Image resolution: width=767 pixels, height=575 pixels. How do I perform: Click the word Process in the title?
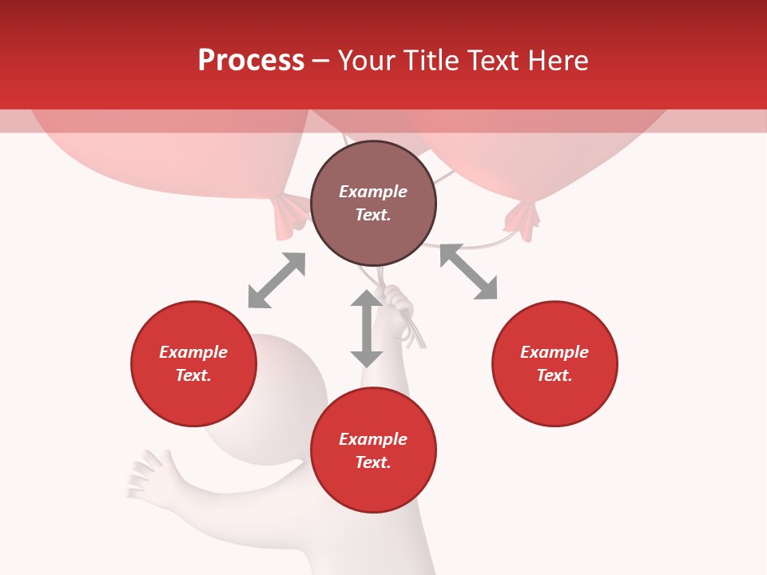[251, 61]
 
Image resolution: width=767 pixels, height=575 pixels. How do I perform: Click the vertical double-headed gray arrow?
[367, 328]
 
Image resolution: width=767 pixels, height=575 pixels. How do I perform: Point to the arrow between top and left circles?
[276, 280]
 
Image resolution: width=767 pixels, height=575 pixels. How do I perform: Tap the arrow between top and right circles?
[468, 272]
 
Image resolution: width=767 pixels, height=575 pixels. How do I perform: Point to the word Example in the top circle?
[373, 192]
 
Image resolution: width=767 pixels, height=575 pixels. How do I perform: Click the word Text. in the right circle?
[554, 375]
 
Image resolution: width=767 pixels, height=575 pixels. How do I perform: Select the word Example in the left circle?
[193, 352]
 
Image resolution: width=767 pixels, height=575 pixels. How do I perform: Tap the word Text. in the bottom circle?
[373, 462]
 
